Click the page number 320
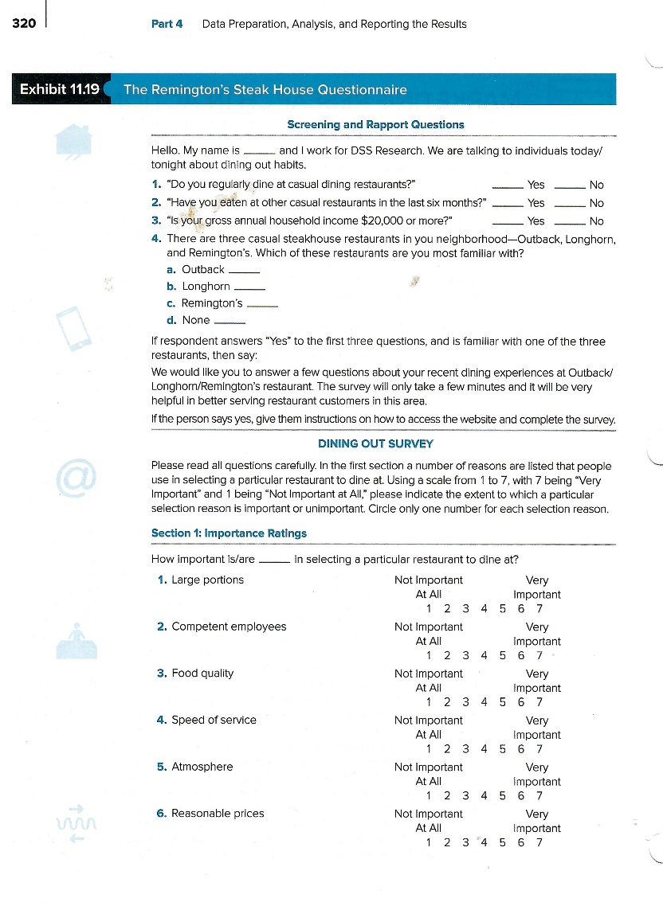pyautogui.click(x=24, y=23)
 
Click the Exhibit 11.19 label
pyautogui.click(x=60, y=89)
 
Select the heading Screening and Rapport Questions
pyautogui.click(x=375, y=124)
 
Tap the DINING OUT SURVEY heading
pyautogui.click(x=375, y=443)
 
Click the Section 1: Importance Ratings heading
pyautogui.click(x=229, y=533)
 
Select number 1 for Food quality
pyautogui.click(x=429, y=702)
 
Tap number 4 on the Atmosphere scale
pyautogui.click(x=484, y=795)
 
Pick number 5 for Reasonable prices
pyautogui.click(x=502, y=842)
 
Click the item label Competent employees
pyautogui.click(x=229, y=627)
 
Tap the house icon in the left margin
pyautogui.click(x=73, y=140)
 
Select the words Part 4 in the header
pyautogui.click(x=167, y=24)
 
